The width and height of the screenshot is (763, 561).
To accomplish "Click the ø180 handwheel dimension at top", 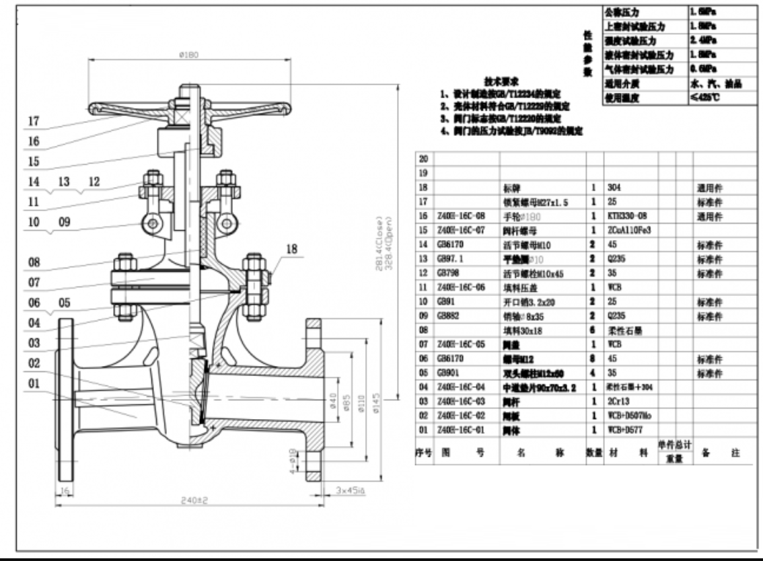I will point(188,55).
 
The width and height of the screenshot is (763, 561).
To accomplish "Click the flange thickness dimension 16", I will point(66,493).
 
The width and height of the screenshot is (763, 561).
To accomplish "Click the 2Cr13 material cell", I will point(618,402).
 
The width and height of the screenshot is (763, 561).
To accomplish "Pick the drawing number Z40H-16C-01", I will point(458,428).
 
